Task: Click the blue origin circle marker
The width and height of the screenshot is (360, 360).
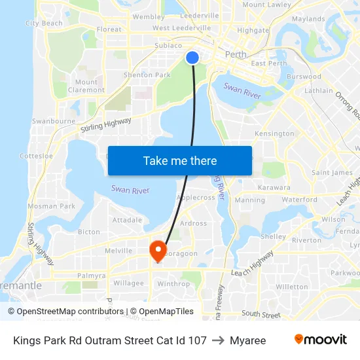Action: click(x=192, y=58)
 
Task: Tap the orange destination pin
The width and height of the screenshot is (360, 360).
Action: click(x=158, y=249)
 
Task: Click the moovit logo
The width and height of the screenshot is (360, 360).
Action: click(x=321, y=340)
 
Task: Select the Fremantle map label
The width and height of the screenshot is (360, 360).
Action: click(x=20, y=286)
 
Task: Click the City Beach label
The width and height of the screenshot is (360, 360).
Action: click(x=44, y=23)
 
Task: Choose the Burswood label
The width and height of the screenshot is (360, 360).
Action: click(x=304, y=77)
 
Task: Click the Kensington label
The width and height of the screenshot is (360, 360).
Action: click(x=274, y=134)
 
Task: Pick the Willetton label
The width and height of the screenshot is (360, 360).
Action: click(x=292, y=287)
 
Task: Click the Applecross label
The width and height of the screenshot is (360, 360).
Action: click(x=196, y=197)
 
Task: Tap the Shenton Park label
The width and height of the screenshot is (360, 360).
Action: click(x=147, y=75)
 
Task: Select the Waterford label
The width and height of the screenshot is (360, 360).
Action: click(x=300, y=200)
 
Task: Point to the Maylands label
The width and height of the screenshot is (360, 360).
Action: click(x=308, y=19)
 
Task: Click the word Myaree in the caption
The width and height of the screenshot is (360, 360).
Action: click(x=248, y=340)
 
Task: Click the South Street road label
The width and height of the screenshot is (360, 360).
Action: click(x=261, y=314)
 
